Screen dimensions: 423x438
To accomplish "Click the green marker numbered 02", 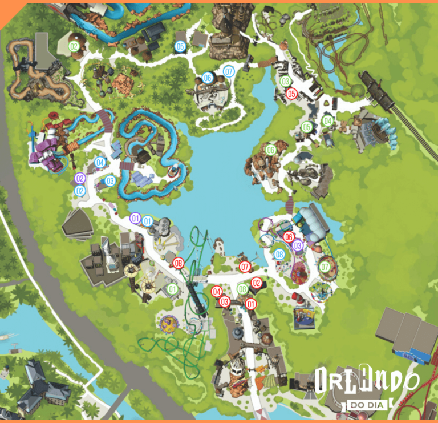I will (x=74, y=46).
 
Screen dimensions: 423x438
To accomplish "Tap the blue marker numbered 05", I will (x=181, y=47).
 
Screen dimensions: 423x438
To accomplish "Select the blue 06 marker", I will (x=207, y=78).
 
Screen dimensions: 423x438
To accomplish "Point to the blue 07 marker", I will (x=229, y=72).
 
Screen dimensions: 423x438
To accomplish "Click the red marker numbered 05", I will (x=291, y=94).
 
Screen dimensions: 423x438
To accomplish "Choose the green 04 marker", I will (x=327, y=121).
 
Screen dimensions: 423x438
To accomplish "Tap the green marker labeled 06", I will (x=270, y=150).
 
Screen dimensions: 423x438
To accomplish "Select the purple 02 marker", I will (x=80, y=178).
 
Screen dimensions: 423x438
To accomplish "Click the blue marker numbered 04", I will (x=100, y=162).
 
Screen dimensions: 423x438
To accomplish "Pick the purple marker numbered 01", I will (x=135, y=218).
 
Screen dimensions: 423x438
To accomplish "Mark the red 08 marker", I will (x=179, y=263).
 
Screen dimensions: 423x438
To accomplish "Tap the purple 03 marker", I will (x=297, y=245).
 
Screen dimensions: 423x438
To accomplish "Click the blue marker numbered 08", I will (x=279, y=254).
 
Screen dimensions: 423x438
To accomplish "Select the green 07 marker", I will (x=325, y=267).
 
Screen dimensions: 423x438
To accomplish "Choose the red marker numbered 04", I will (x=217, y=292).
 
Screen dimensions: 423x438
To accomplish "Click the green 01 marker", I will (x=172, y=289).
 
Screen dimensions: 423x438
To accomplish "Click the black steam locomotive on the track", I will (x=376, y=91).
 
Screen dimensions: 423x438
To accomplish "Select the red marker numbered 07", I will (x=245, y=267).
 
